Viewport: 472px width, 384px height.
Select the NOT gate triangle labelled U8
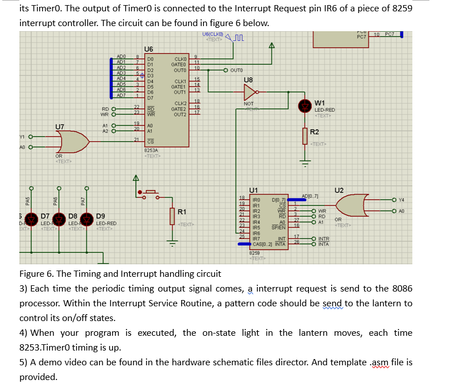coord(250,92)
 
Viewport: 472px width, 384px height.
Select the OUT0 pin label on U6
coord(180,70)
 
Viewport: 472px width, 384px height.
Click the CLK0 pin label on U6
coord(180,58)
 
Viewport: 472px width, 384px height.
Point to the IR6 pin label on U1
coord(256,233)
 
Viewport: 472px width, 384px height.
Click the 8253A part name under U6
coord(152,150)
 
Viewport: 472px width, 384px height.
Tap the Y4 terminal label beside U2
coord(402,200)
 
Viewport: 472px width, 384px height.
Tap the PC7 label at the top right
coord(361,36)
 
